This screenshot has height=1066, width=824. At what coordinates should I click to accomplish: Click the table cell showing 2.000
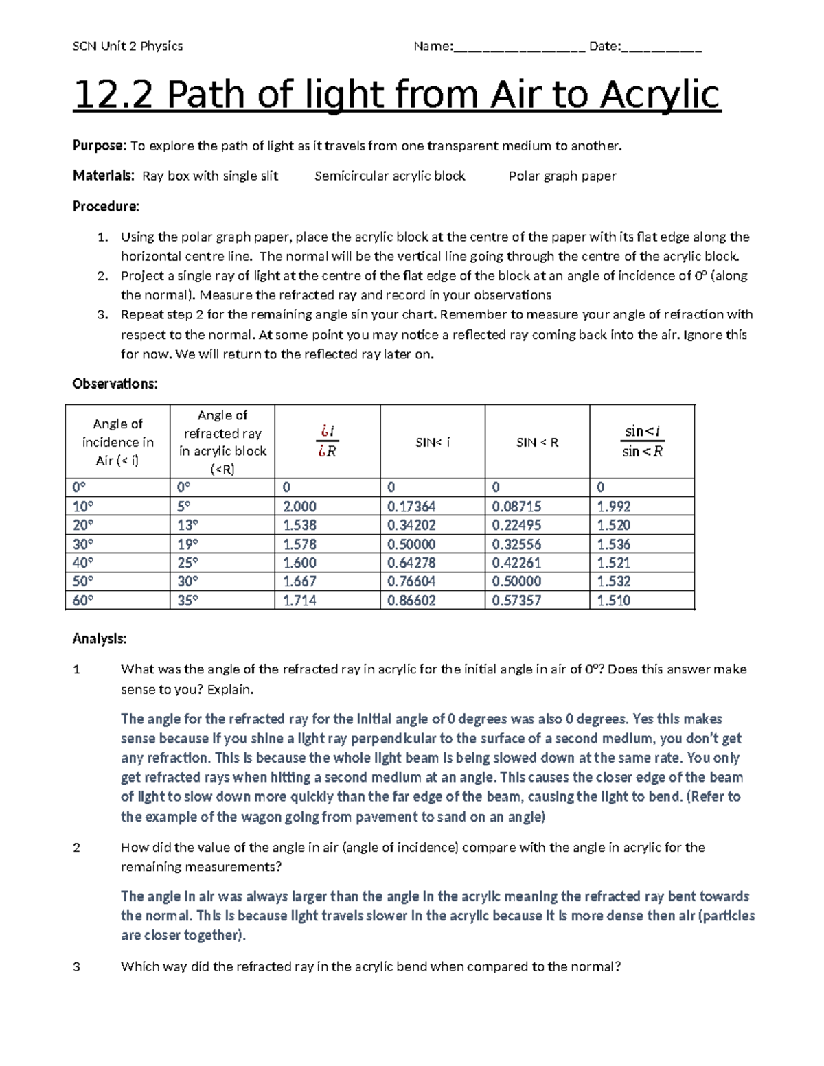click(x=300, y=507)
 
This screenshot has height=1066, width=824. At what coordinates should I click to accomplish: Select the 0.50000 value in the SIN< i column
click(x=411, y=544)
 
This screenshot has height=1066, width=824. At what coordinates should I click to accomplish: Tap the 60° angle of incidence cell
click(x=83, y=601)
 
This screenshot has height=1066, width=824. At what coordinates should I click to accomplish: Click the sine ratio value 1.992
click(x=614, y=507)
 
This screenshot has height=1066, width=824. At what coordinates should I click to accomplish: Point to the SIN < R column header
click(x=537, y=443)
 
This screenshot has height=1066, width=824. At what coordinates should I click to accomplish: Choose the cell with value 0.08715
click(x=516, y=507)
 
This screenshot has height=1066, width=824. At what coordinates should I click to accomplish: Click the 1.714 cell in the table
click(x=300, y=601)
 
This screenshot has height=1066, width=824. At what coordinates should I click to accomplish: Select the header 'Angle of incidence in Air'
click(x=117, y=443)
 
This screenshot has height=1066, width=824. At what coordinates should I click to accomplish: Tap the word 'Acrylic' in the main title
click(x=661, y=95)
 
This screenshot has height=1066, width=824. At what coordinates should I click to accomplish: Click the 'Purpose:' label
click(x=100, y=146)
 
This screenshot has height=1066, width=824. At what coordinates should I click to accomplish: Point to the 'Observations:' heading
click(x=115, y=384)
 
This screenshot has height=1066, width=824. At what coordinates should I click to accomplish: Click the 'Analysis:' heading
click(x=100, y=639)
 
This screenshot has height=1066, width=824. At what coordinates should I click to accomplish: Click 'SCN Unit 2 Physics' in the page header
click(x=128, y=46)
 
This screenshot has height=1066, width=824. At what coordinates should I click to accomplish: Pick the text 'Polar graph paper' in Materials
click(x=562, y=176)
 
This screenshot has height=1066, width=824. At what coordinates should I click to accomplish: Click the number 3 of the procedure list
click(x=102, y=315)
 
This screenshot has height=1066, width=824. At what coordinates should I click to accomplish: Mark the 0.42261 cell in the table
click(x=516, y=563)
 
